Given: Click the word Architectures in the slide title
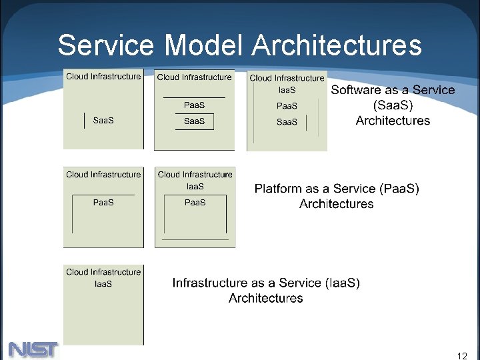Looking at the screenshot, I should tap(337, 45).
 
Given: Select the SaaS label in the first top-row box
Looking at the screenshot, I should tap(103, 121).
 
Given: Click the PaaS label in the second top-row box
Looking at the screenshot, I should tap(194, 105).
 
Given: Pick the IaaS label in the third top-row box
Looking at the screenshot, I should tap(287, 90).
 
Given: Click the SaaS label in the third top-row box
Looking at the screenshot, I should tap(287, 122).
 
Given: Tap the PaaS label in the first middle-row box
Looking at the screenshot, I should tap(103, 203).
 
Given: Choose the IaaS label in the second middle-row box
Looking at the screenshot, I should tap(195, 187).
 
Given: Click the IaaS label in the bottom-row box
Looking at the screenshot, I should tap(103, 284).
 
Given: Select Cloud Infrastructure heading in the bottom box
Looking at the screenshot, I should tap(103, 272).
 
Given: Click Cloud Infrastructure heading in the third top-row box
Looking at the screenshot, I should tap(287, 78).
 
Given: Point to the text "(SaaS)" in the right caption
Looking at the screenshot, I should tap(393, 105).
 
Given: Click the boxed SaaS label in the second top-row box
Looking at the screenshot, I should tap(194, 121).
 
